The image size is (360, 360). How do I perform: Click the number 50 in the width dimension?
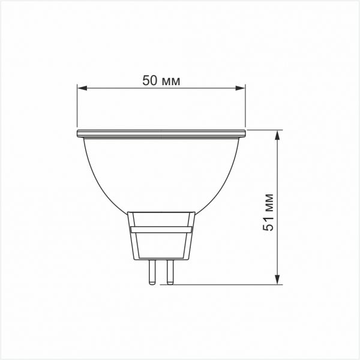tap(150, 80)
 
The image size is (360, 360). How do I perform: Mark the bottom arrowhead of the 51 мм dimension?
tap(278, 279)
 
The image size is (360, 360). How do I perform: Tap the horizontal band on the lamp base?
tap(161, 229)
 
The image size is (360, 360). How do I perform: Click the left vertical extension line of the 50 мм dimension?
tap(77, 108)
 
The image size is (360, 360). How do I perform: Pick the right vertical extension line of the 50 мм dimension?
tap(246, 108)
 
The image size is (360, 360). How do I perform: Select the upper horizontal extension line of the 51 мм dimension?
tap(264, 129)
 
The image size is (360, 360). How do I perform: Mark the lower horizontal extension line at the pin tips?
tap(228, 284)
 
